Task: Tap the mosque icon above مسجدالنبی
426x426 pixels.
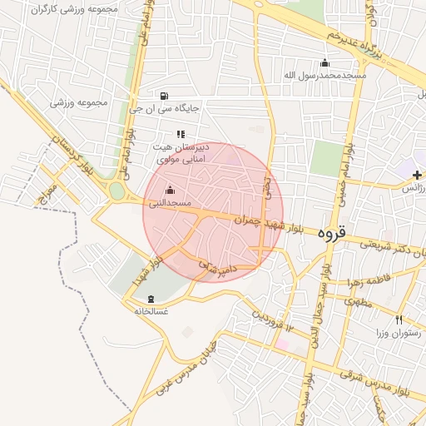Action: [x=171, y=189]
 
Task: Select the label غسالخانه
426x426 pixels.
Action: [x=151, y=311]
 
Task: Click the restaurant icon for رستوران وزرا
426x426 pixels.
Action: [x=399, y=320]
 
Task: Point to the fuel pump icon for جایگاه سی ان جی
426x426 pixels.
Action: [x=164, y=95]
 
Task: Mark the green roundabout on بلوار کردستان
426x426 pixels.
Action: [x=116, y=192]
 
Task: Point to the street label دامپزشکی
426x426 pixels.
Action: [x=217, y=269]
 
